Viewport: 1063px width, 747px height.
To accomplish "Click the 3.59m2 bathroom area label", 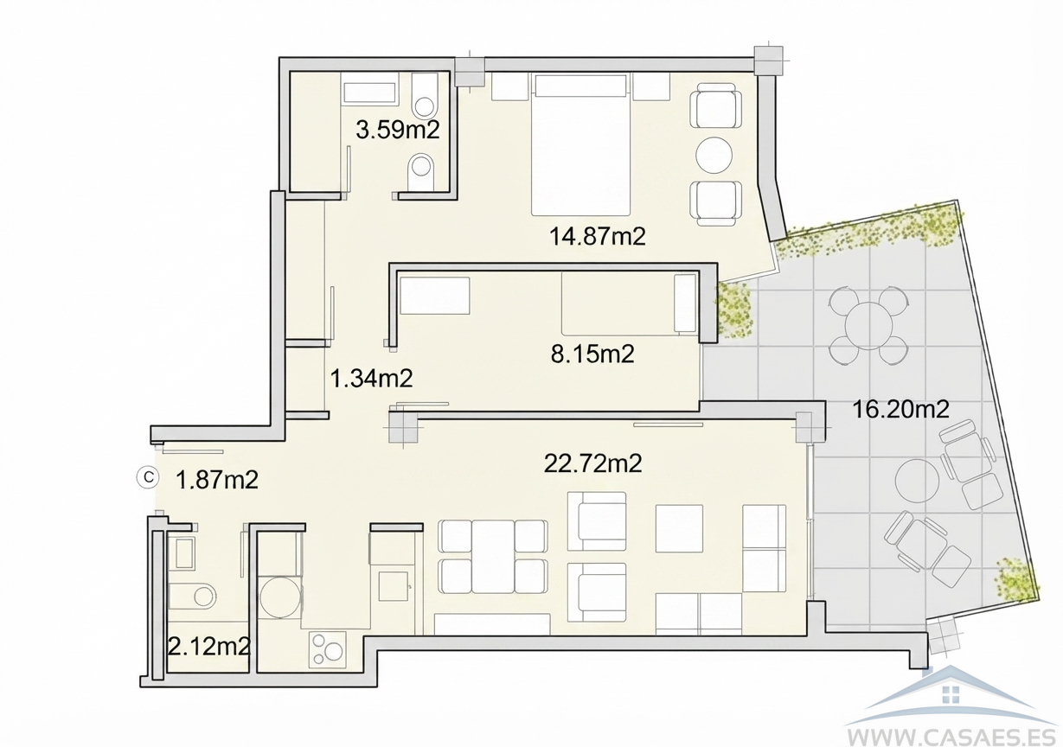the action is tap(398, 130).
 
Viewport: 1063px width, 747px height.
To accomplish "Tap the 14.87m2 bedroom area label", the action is tap(598, 236).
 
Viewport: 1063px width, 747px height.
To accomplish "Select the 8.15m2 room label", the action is tap(592, 354).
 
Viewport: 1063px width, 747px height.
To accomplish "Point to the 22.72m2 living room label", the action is tap(592, 463).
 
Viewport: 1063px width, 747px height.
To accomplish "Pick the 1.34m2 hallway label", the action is tap(371, 379).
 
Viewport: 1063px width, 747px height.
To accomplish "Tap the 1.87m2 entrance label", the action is tap(217, 480).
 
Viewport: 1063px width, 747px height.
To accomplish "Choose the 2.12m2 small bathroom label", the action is tap(209, 646).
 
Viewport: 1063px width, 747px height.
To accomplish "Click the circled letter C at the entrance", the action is tap(149, 477).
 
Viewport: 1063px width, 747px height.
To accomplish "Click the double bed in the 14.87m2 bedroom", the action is tap(580, 144).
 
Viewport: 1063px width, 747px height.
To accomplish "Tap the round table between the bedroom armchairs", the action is tap(714, 156).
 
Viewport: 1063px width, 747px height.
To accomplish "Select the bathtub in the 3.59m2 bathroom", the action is tap(369, 93).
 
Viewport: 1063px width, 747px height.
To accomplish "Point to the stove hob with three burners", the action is tap(328, 649).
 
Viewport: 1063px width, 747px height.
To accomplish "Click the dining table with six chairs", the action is tap(493, 556).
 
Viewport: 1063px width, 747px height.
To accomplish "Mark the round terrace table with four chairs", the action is tap(868, 326).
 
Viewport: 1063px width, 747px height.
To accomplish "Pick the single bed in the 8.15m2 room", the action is tap(630, 304).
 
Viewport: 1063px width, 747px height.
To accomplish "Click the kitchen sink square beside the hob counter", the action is tap(394, 587).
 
